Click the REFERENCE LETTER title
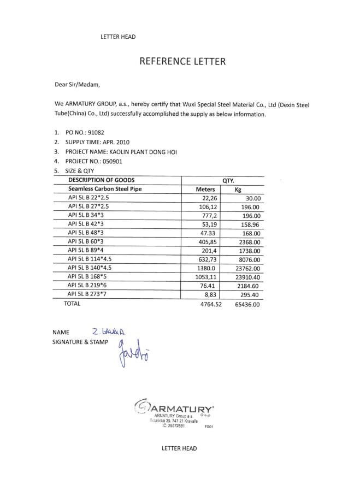click(x=182, y=61)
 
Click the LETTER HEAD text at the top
click(x=118, y=37)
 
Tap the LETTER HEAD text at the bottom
click(x=179, y=448)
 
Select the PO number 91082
click(x=92, y=132)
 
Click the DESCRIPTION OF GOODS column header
click(x=101, y=180)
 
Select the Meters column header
click(x=206, y=190)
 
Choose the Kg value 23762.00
click(x=247, y=269)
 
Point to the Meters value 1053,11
click(x=206, y=277)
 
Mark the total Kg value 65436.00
click(x=246, y=304)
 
